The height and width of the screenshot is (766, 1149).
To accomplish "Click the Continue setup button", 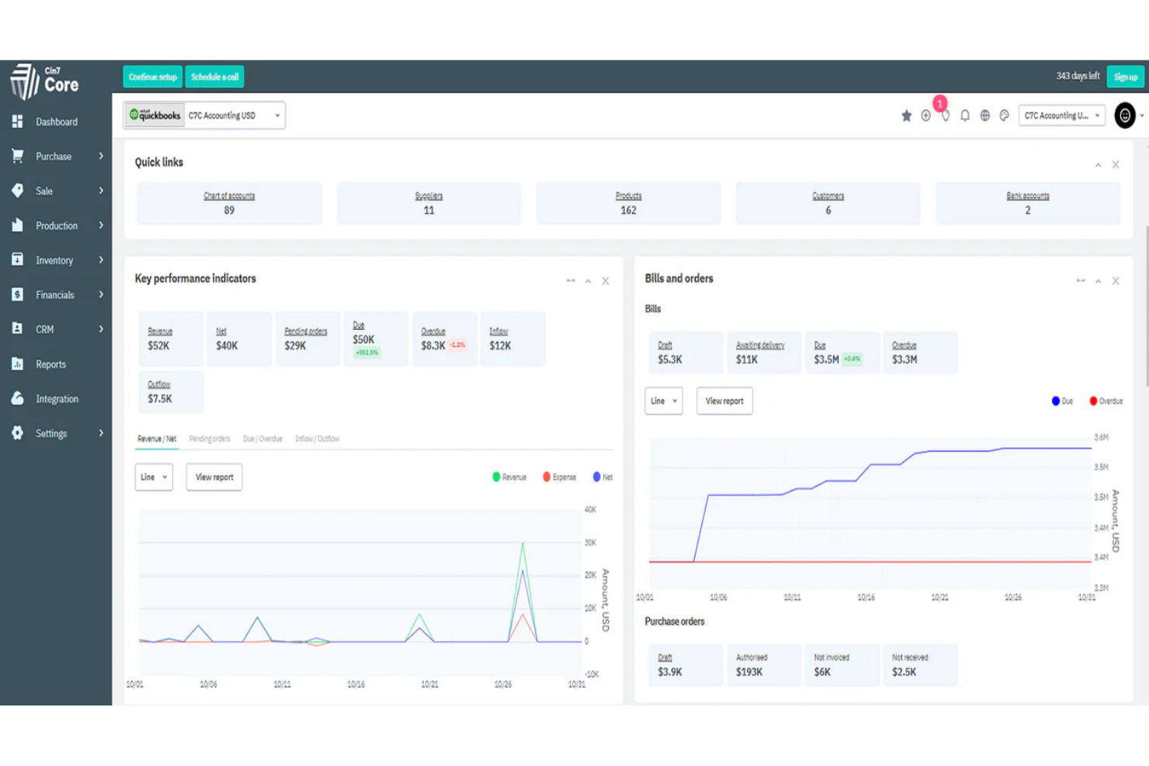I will pos(152,77).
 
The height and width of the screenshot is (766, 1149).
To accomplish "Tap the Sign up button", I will pos(1125,77).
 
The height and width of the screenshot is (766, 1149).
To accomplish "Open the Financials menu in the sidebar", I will pos(55,295).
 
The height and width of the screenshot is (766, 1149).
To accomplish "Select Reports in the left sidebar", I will pos(50,364).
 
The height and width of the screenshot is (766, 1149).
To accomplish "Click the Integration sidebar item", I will pos(57,399).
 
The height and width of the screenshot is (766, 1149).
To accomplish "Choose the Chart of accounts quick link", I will pos(229,203).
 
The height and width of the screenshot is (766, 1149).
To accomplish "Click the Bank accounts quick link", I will pos(1027,203).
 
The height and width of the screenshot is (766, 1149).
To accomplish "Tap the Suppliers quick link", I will pos(429,203).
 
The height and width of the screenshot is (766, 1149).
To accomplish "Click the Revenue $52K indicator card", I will pos(171,339).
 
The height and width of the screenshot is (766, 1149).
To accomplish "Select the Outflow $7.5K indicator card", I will pos(171,392).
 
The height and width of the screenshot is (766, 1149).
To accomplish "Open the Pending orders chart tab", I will pos(210,438).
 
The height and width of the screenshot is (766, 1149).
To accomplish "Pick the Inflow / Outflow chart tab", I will pos(317,438).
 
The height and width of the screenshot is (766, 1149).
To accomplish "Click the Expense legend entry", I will pos(560,477).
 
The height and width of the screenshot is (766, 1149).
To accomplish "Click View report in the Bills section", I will pos(724,401).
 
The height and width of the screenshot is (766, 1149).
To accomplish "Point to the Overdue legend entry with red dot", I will pos(1106,401).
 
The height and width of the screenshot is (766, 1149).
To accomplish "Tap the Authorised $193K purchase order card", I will pos(763,665).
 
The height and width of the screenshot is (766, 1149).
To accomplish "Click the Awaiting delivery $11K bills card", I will pos(763,353).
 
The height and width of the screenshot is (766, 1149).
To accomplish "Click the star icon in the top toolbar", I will pos(906,116).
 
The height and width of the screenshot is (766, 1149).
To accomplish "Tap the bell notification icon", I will pos(965,116).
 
